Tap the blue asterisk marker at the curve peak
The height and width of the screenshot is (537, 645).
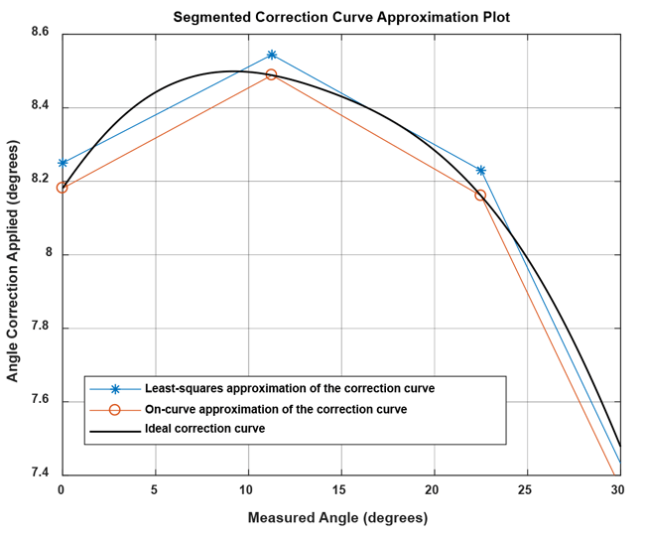tap(271, 55)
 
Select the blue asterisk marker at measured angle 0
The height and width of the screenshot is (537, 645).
tap(63, 163)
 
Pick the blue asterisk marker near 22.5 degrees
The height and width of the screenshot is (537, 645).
tap(481, 171)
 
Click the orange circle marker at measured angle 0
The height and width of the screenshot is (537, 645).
tap(63, 187)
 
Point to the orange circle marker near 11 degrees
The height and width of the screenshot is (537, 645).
tap(271, 74)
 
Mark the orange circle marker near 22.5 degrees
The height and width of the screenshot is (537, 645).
tap(480, 196)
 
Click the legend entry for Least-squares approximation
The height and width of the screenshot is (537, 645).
tap(290, 388)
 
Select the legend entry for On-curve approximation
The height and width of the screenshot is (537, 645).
tap(276, 409)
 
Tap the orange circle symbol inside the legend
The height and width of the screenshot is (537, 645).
tap(114, 409)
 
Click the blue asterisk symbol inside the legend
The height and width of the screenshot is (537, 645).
tap(114, 388)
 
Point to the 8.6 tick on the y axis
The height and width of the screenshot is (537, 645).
tap(42, 34)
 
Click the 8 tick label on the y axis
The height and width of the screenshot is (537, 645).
tap(48, 255)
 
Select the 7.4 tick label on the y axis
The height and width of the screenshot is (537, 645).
tap(42, 474)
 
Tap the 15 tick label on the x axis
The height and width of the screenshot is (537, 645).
tap(339, 490)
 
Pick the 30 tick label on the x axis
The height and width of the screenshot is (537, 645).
tap(617, 490)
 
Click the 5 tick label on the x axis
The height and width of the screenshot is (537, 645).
tap(154, 490)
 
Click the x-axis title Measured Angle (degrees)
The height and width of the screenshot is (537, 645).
tap(337, 517)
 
